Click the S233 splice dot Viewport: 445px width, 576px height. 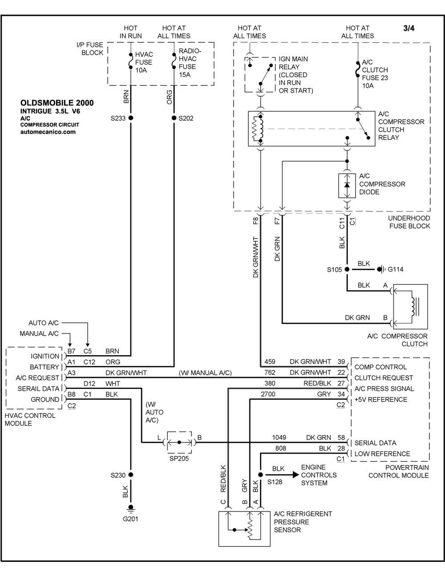click(x=130, y=118)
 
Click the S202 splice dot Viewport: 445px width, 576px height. click(x=174, y=118)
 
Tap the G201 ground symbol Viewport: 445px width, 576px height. click(x=130, y=508)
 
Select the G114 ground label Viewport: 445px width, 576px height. click(x=395, y=269)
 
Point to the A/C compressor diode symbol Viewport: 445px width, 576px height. click(x=347, y=185)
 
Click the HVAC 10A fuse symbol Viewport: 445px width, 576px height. click(x=130, y=61)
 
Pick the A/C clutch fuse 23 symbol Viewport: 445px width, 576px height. click(x=358, y=69)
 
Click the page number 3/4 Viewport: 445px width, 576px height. click(x=409, y=28)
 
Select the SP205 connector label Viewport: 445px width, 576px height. click(x=179, y=458)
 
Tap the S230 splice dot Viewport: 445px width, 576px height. click(x=130, y=475)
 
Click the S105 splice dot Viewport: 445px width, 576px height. click(x=347, y=269)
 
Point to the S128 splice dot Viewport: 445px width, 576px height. click(x=260, y=475)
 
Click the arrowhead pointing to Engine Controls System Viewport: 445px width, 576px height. click(x=295, y=475)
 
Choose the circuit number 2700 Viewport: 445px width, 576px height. click(x=268, y=394)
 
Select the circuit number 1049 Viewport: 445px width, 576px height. click(x=279, y=438)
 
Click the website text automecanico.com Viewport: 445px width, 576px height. click(x=48, y=132)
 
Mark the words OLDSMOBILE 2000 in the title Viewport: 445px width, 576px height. click(x=57, y=103)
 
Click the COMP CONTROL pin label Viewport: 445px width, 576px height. click(x=380, y=367)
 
